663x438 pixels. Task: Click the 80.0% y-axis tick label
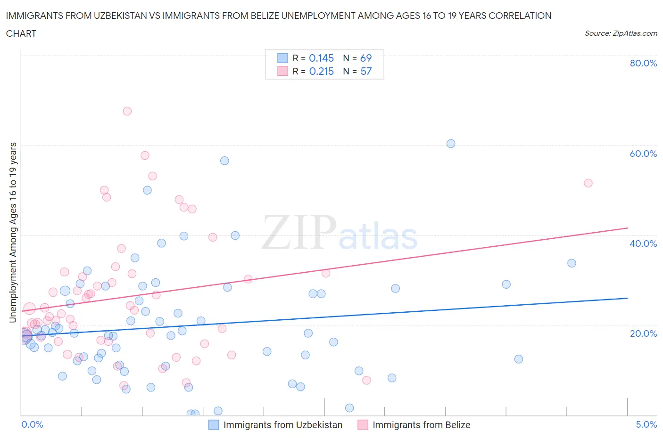tap(643, 63)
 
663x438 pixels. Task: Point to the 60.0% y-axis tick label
tap(643, 154)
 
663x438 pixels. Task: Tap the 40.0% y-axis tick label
tap(643, 243)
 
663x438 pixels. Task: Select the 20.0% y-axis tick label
tap(643, 333)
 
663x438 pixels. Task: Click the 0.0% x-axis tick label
tap(32, 424)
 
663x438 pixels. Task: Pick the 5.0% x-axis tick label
tap(646, 424)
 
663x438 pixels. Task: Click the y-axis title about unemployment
tap(13, 233)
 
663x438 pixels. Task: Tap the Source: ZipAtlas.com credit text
tap(621, 33)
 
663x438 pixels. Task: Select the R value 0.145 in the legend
tap(321, 58)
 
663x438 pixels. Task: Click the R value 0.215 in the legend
tap(321, 71)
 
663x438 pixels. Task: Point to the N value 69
tap(366, 58)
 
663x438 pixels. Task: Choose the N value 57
tap(366, 71)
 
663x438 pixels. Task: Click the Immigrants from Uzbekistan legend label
tap(283, 425)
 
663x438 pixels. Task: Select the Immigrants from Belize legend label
tap(421, 425)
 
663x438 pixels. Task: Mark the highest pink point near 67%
tap(127, 111)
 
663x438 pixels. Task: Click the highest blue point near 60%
tap(451, 144)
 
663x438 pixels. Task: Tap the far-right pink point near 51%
tap(588, 183)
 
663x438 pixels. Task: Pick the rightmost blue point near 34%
tap(572, 263)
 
